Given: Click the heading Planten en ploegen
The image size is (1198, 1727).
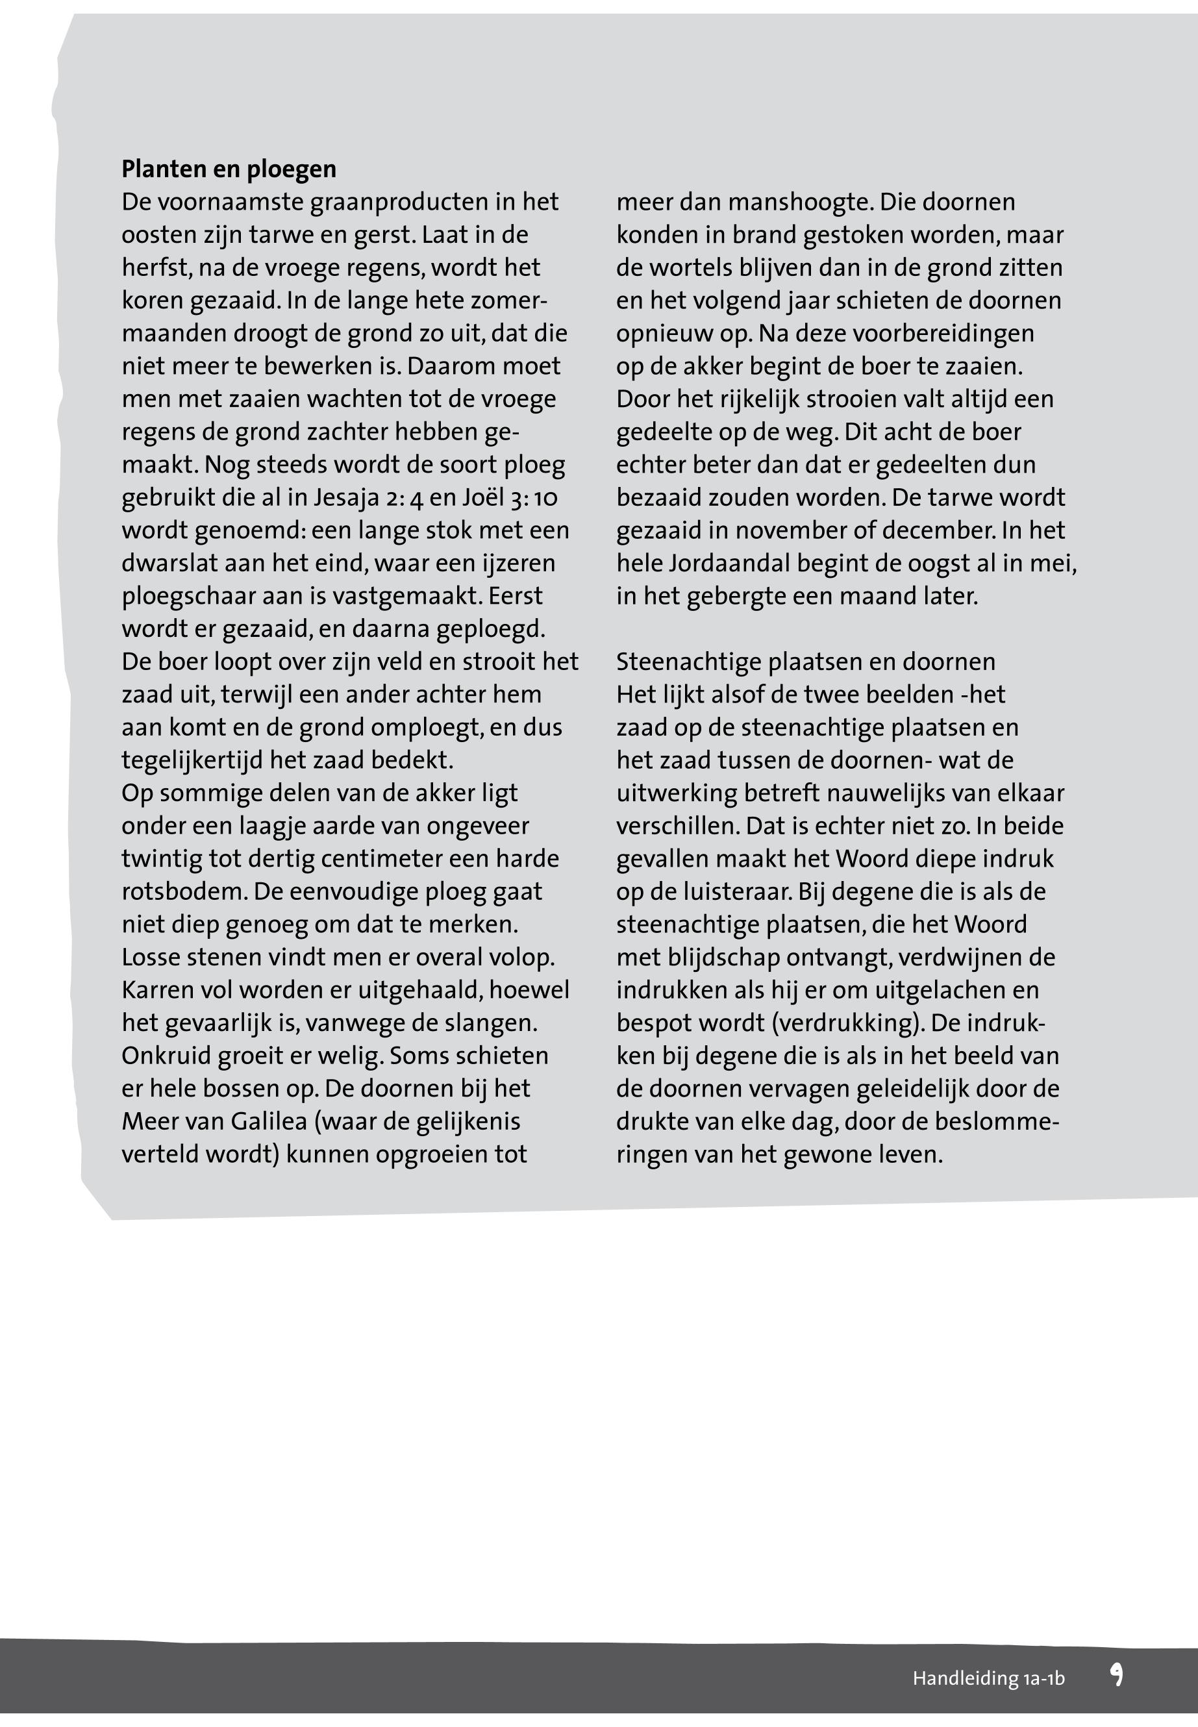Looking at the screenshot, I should tap(229, 169).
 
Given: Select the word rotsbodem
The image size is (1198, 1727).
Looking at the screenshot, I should tap(182, 891).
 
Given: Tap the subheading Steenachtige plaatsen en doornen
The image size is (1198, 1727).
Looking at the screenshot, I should tap(805, 662).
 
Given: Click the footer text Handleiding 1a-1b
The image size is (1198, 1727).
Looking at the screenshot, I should tap(988, 1678).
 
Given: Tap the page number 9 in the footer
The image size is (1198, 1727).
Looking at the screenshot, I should tap(1116, 1675).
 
